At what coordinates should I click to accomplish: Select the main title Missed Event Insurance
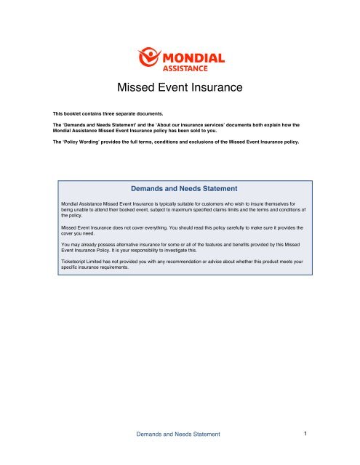(179, 89)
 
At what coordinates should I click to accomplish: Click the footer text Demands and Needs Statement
(179, 434)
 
